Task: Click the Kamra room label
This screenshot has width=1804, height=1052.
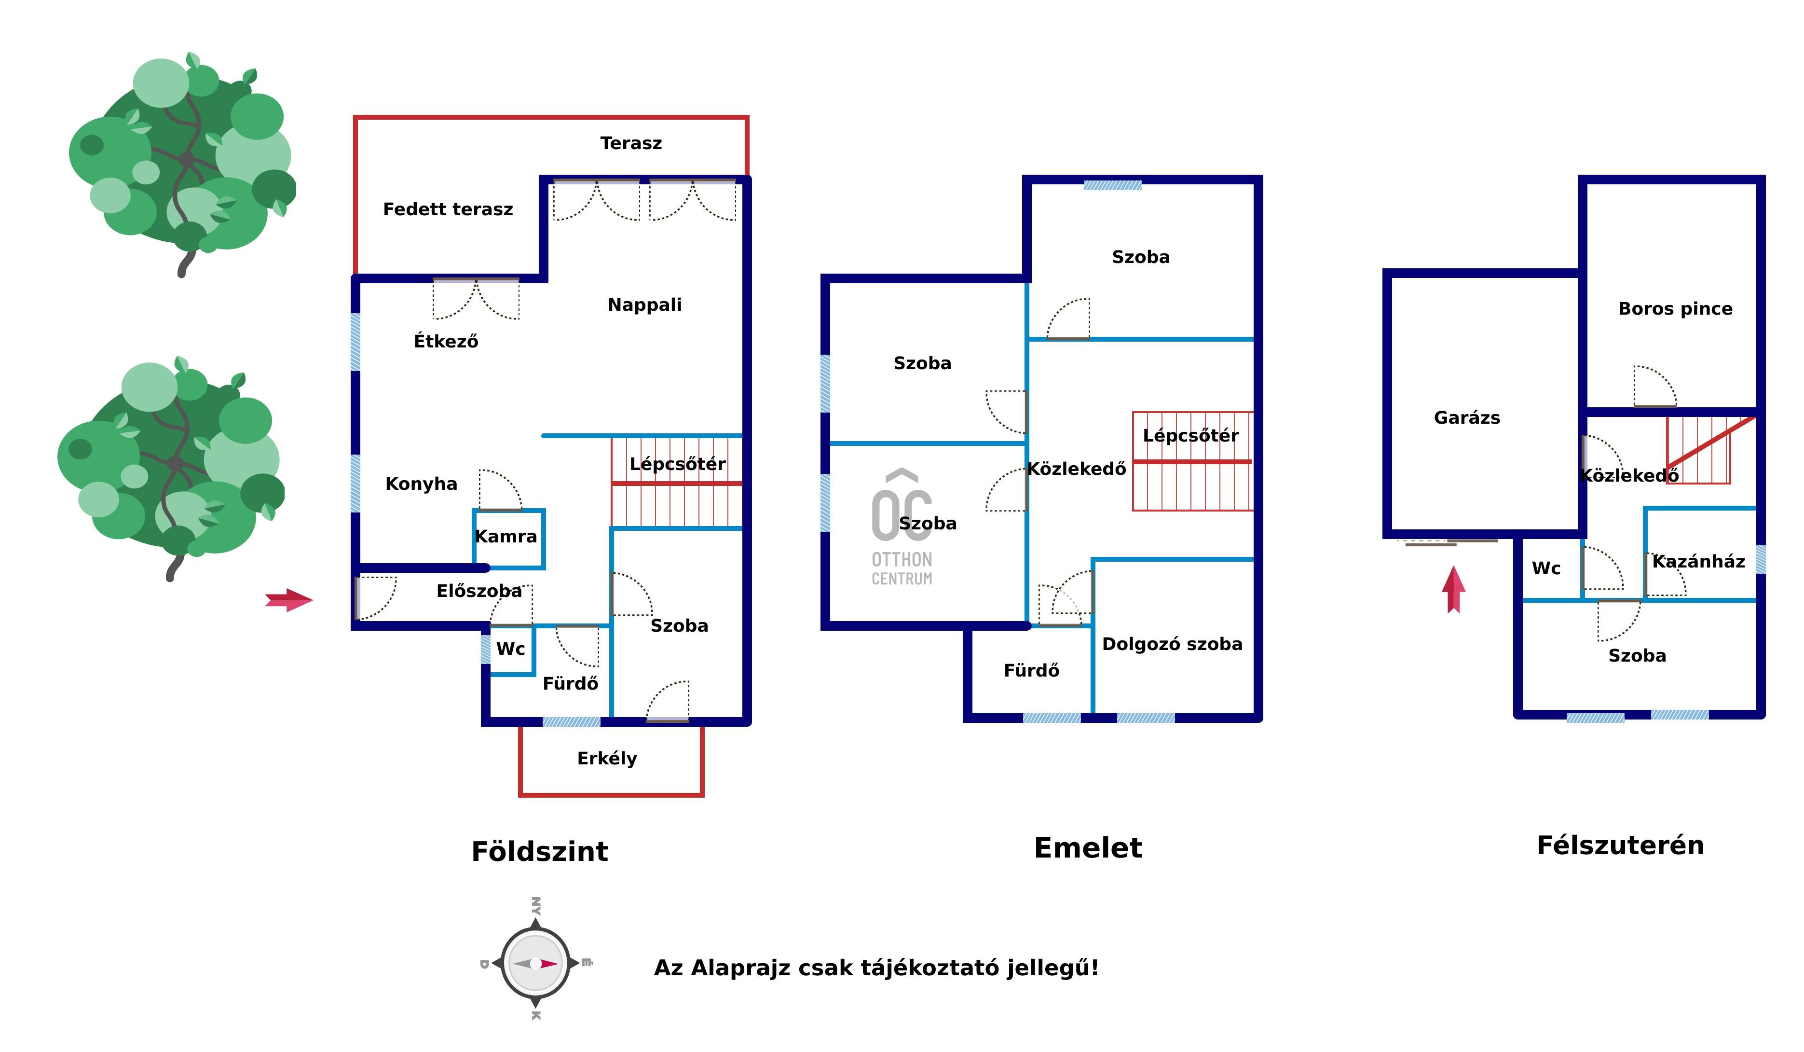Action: tap(506, 537)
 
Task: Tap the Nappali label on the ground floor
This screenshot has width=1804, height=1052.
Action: tap(644, 305)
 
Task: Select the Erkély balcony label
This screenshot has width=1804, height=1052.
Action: tap(607, 759)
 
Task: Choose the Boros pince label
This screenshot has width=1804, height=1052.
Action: tap(1675, 309)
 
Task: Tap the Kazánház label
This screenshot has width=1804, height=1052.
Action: tap(1698, 561)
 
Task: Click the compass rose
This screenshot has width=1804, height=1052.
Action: tap(535, 963)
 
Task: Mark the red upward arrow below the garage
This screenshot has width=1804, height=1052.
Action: tap(1453, 589)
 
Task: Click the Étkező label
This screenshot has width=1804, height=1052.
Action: tap(446, 342)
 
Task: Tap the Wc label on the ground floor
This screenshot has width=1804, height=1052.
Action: tap(510, 650)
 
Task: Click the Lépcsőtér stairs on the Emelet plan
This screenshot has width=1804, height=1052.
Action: tap(1192, 462)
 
